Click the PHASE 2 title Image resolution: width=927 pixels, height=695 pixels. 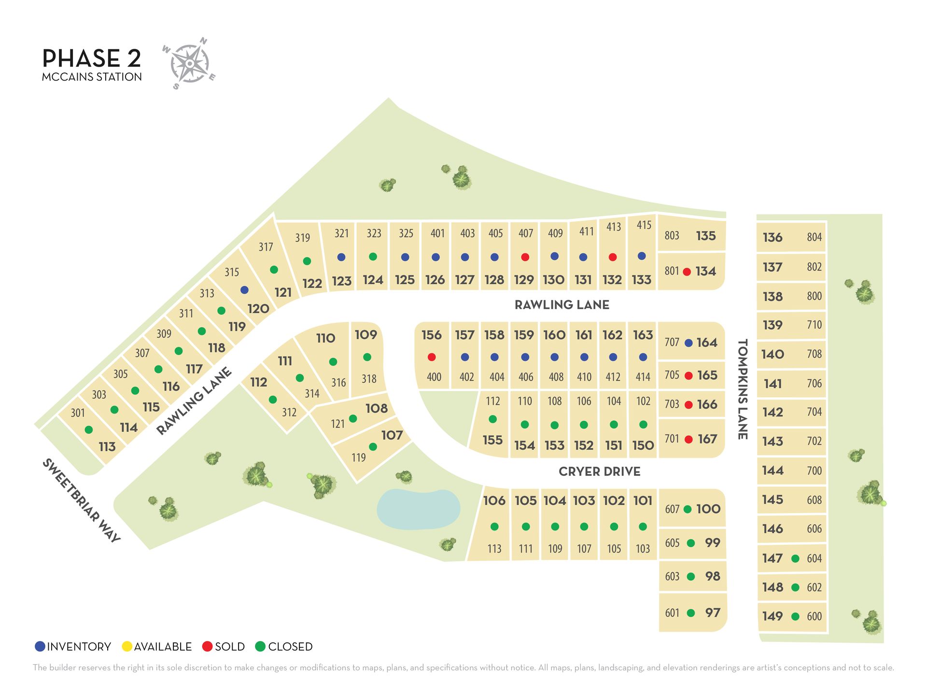click(x=92, y=58)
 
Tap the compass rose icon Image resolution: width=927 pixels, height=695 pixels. click(x=189, y=63)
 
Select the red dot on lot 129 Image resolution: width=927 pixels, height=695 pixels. click(x=525, y=257)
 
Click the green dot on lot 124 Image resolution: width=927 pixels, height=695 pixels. click(x=373, y=257)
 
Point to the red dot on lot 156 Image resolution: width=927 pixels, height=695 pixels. click(x=432, y=357)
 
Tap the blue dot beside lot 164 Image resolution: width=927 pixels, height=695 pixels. click(x=689, y=343)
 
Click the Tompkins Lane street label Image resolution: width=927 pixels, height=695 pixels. click(x=743, y=389)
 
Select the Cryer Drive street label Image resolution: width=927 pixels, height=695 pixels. click(x=599, y=472)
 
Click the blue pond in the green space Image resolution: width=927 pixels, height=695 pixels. click(x=418, y=509)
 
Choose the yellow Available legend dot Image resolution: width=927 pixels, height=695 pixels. click(x=127, y=646)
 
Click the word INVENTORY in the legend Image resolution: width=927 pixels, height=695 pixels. click(x=79, y=647)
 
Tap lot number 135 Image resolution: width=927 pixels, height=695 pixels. click(x=706, y=236)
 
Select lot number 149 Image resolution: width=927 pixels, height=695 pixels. click(x=772, y=616)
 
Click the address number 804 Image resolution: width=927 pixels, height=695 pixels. click(x=814, y=237)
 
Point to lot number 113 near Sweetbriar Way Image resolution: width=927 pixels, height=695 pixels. click(x=107, y=447)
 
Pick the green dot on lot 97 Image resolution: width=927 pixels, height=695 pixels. click(x=691, y=613)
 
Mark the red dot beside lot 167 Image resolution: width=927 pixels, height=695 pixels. click(x=689, y=439)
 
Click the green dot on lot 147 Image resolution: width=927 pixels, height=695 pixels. click(x=795, y=558)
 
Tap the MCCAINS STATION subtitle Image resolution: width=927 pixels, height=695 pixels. click(x=92, y=77)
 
